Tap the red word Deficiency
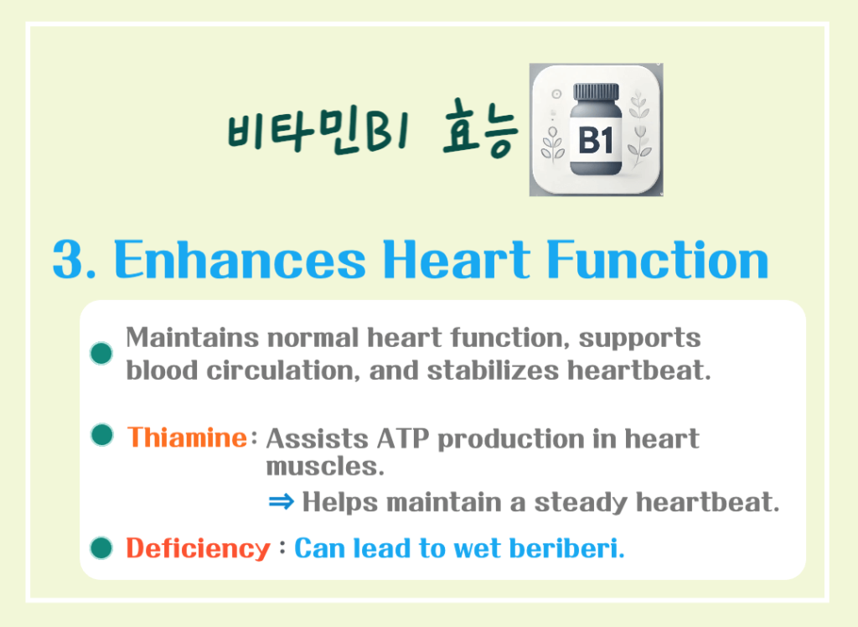pyautogui.click(x=198, y=549)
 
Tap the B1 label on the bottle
pyautogui.click(x=596, y=140)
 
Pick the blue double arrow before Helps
pyautogui.click(x=282, y=502)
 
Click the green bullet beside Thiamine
pyautogui.click(x=101, y=435)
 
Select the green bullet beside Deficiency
pyautogui.click(x=101, y=548)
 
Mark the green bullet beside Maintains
pyautogui.click(x=101, y=353)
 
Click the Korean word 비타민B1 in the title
pyautogui.click(x=315, y=133)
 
